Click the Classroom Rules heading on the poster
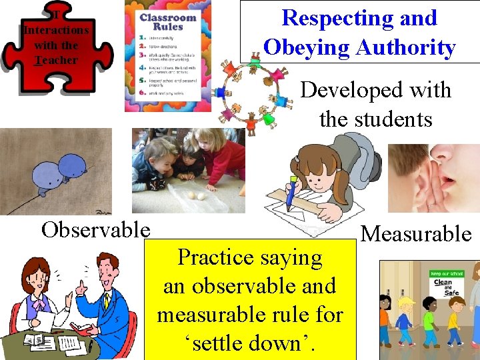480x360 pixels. pyautogui.click(x=167, y=21)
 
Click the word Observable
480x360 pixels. pyautogui.click(x=95, y=230)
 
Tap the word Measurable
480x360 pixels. pyautogui.click(x=416, y=234)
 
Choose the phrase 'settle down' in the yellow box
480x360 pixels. pyautogui.click(x=250, y=343)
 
